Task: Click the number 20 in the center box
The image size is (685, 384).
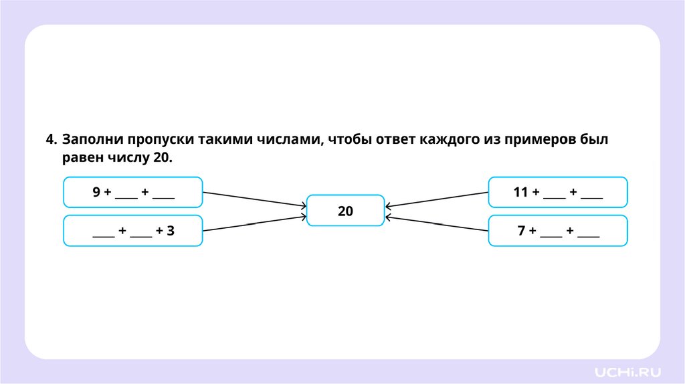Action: tap(345, 211)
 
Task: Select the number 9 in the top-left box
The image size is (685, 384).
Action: tap(96, 193)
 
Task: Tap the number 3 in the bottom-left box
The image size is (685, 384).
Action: tap(171, 231)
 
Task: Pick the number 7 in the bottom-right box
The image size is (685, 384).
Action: tap(521, 231)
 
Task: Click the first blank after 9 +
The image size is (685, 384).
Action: tap(126, 195)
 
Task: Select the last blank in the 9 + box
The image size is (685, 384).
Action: tap(163, 195)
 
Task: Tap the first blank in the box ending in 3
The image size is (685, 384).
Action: tap(103, 234)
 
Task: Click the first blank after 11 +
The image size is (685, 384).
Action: tap(554, 195)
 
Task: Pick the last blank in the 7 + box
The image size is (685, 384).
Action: tap(588, 234)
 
